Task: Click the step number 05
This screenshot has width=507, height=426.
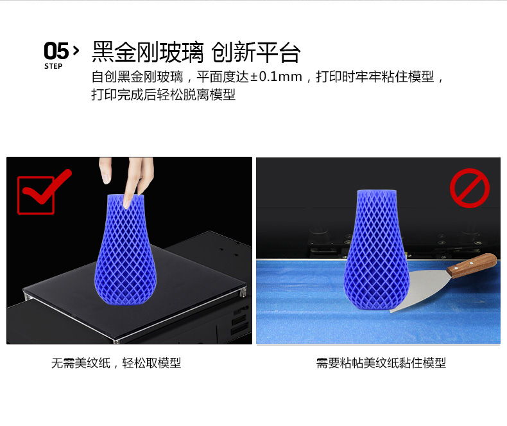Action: coord(56,51)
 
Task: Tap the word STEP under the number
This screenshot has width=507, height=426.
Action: coord(53,66)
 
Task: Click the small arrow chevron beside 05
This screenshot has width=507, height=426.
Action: coord(76,51)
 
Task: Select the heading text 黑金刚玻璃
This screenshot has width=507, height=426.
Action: coord(148,52)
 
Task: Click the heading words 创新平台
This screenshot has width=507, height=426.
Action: coord(256,52)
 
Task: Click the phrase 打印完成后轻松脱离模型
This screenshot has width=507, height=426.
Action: coord(163,94)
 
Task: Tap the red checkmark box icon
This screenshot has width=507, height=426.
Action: coord(41,193)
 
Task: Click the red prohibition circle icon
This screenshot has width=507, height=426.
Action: coord(470,188)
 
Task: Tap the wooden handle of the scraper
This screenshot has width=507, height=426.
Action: coord(472,266)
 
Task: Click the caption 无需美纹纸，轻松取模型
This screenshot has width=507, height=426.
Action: coord(116,363)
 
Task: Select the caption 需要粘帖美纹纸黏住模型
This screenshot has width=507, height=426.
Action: coord(381,363)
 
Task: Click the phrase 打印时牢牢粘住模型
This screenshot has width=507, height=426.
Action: coord(375,76)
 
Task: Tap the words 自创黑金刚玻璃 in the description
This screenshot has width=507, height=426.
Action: coord(137,76)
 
